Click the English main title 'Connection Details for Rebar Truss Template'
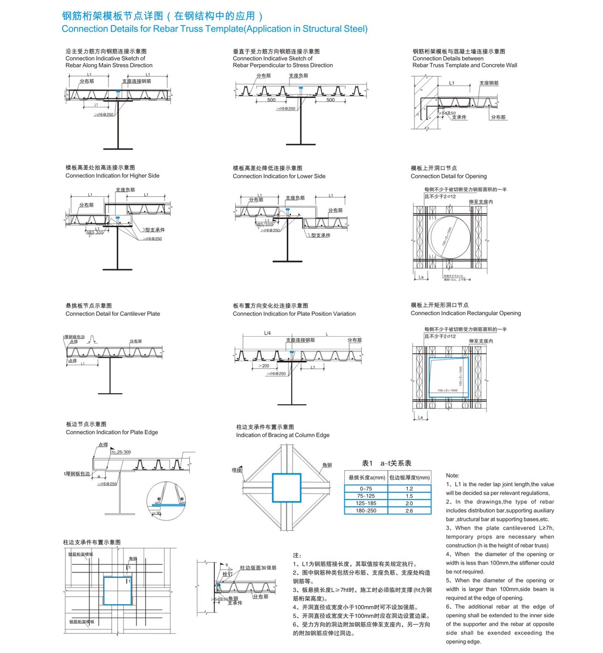214,29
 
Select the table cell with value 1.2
409,489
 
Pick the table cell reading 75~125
366,496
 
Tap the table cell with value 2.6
409,510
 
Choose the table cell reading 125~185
366,503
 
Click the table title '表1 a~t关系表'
386,463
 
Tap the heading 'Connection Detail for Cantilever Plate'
112,314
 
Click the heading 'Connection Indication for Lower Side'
278,177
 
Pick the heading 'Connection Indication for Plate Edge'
111,433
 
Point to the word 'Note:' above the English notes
452,475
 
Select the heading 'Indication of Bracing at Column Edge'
282,435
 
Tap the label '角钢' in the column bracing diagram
327,465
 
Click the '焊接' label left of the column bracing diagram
236,470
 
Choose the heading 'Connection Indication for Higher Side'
112,176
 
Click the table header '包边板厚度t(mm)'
409,478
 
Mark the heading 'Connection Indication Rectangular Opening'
465,314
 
